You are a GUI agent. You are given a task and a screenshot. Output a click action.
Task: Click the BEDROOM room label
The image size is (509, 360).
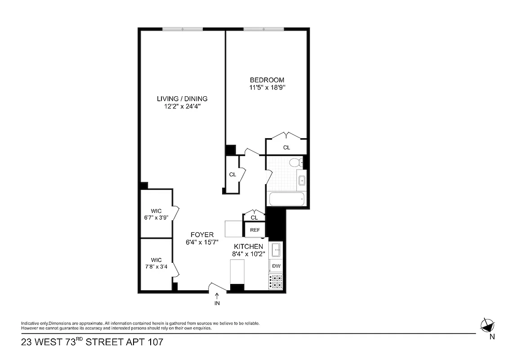click(x=267, y=80)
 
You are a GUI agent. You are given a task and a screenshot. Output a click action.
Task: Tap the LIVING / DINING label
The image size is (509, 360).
click(x=182, y=99)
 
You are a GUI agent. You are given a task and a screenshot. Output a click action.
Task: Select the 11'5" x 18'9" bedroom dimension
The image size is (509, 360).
click(x=267, y=87)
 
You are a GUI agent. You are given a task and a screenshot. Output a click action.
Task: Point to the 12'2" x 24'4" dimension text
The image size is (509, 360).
click(x=182, y=107)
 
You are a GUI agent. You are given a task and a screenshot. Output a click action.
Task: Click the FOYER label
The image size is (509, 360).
click(x=202, y=234)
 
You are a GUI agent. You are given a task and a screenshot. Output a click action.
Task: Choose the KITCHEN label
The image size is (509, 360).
click(x=248, y=246)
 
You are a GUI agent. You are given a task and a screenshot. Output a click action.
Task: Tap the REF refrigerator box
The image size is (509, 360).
click(x=255, y=230)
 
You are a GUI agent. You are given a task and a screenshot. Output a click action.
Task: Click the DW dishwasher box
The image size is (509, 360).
click(x=276, y=266)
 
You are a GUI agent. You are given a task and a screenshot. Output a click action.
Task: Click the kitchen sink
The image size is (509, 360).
click(x=276, y=249)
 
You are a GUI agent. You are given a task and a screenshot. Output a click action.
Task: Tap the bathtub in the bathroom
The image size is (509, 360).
click(x=286, y=199)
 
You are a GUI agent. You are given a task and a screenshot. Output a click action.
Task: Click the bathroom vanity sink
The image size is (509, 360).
click(x=302, y=181)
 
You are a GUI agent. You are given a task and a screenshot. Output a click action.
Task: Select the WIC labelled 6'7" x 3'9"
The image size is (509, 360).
click(x=156, y=214)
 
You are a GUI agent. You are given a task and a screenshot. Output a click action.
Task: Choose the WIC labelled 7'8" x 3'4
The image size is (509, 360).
click(x=156, y=263)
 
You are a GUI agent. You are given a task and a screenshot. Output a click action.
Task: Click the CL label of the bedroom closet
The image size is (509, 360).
click(x=286, y=148)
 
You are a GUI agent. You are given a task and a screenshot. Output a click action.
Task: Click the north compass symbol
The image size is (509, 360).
click(x=487, y=325)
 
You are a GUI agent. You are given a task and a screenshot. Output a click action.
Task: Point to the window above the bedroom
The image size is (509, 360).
click(x=263, y=30)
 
